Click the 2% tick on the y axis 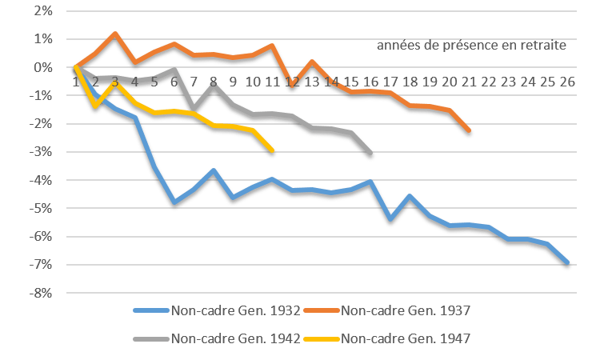click(x=43, y=11)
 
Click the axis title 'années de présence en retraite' click(x=472, y=46)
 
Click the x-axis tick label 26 click(x=566, y=82)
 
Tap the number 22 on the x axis click(x=488, y=82)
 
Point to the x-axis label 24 click(x=527, y=82)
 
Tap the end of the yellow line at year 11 click(x=273, y=149)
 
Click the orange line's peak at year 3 click(x=115, y=34)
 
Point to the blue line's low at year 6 click(x=174, y=203)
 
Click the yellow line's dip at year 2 click(x=96, y=105)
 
